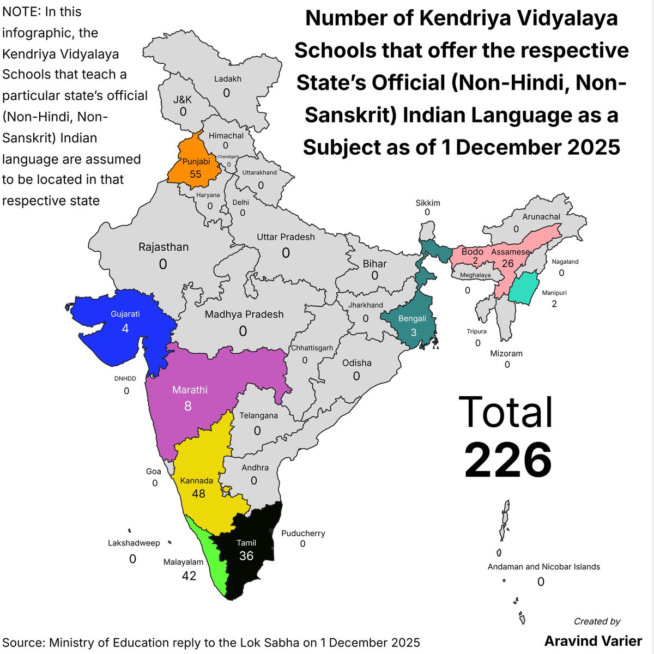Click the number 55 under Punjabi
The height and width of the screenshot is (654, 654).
[195, 174]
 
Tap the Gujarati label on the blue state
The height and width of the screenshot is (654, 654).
[125, 314]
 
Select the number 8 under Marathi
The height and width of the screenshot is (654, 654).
[187, 406]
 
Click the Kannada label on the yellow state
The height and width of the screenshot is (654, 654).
[197, 481]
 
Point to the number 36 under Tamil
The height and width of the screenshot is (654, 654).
[246, 555]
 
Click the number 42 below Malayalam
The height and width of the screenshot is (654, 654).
[189, 576]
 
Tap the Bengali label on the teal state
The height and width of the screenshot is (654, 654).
[412, 319]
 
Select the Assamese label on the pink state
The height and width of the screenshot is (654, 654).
[510, 252]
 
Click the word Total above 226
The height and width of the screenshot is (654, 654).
[506, 412]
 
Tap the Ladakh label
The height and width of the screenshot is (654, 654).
[227, 79]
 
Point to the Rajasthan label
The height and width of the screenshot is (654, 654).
[163, 247]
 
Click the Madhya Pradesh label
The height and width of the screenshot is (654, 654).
[244, 314]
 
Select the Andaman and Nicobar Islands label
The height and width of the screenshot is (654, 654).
[543, 567]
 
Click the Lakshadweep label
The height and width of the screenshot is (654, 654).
[134, 543]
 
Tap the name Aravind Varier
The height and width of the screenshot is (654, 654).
[593, 640]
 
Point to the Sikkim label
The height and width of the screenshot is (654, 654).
[428, 203]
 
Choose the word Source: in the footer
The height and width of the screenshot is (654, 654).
[23, 642]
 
